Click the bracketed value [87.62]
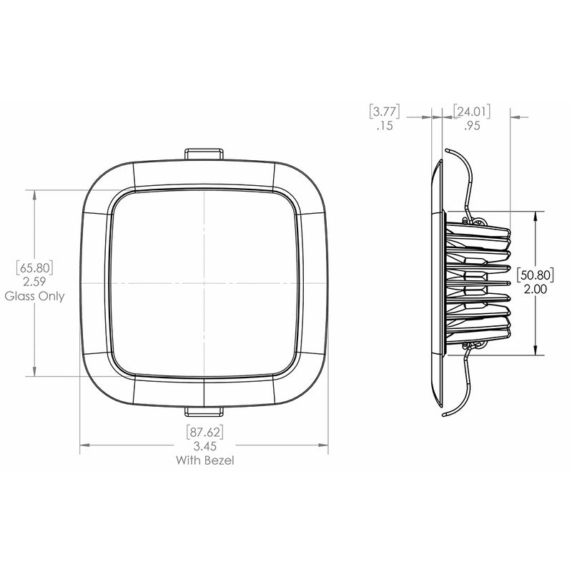click(205, 432)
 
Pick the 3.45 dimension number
click(205, 446)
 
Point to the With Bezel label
click(205, 460)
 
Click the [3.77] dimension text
click(385, 112)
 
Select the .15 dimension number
click(385, 127)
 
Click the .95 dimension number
click(470, 127)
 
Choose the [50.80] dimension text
click(536, 275)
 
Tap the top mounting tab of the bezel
click(204, 154)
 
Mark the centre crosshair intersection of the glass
click(204, 282)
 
